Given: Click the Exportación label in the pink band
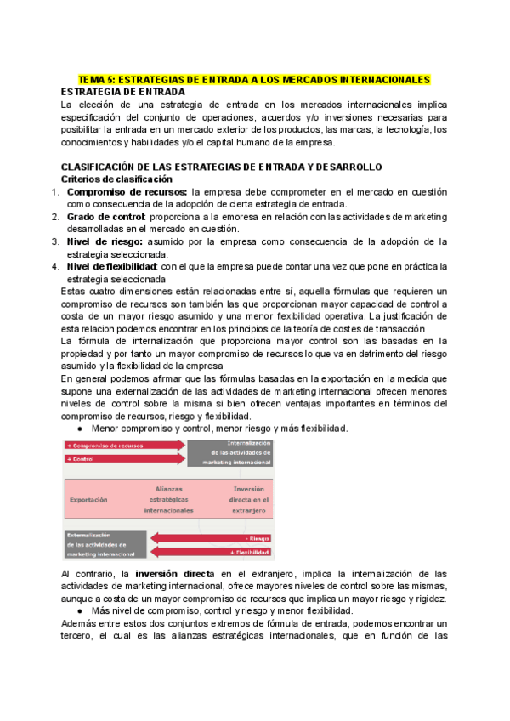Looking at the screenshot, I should (x=88, y=500).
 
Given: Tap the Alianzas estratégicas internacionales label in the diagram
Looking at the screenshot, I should (x=168, y=500).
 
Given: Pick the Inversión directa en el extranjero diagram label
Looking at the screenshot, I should (x=249, y=500).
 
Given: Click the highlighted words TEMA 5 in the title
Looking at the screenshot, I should (x=101, y=79).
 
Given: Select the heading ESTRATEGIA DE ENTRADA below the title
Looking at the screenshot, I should (x=123, y=91).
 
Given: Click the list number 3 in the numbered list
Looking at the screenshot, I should (x=54, y=241).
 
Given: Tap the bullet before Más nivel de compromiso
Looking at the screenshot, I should (x=80, y=610).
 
